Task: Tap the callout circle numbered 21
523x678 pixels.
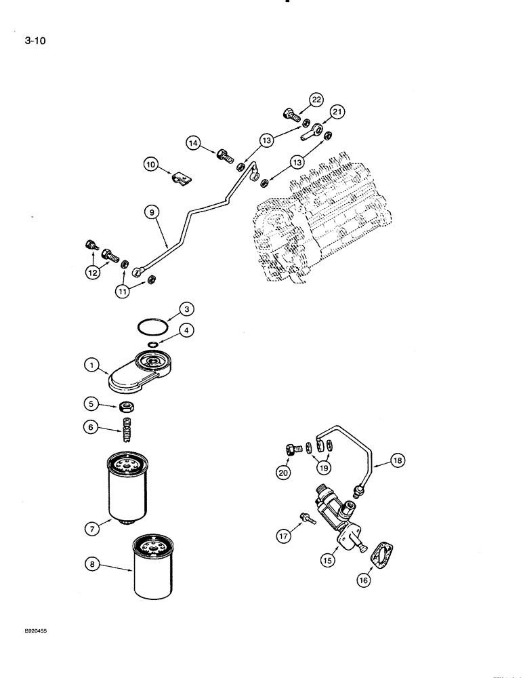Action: point(338,113)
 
